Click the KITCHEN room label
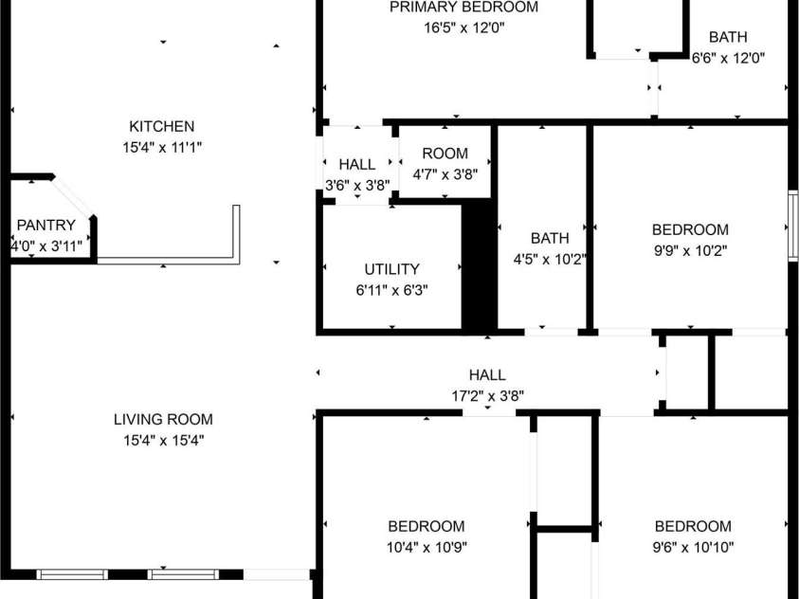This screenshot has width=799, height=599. pos(162,126)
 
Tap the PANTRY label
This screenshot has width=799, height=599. pos(45,226)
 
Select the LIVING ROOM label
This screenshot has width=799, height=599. pos(163,419)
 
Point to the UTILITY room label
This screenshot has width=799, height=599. pos(391,269)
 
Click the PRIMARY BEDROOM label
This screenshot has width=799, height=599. pos(463,8)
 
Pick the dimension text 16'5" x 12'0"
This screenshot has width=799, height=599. pos(463,28)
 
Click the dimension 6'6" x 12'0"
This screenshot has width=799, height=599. pos(728,58)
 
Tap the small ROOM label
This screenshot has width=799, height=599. pos(445,154)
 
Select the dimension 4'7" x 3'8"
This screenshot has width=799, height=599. pos(445,174)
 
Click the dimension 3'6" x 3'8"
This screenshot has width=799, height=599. pos(357,186)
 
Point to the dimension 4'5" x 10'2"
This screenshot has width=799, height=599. pos(550,259)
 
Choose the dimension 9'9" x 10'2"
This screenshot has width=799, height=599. pos(690,251)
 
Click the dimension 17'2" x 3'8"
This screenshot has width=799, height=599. pos(486,396)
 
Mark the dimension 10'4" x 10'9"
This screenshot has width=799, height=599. pos(426,547)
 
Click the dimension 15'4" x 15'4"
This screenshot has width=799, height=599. pos(163,440)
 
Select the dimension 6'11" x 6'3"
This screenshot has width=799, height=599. pos(391,290)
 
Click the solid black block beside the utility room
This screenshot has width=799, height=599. pos(480,267)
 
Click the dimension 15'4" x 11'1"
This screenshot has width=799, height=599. pos(162,147)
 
